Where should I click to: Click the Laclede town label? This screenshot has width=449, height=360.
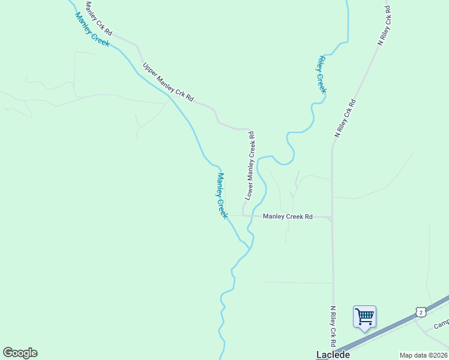[x=333, y=355]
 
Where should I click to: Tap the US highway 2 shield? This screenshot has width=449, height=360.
[x=421, y=311]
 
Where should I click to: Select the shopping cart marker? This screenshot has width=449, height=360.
[x=364, y=316]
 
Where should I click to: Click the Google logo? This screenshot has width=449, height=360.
[x=20, y=353]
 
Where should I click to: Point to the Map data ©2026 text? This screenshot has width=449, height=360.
[x=424, y=355]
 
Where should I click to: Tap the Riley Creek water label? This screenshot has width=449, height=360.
[x=321, y=75]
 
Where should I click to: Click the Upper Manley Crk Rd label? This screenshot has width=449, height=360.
[x=168, y=81]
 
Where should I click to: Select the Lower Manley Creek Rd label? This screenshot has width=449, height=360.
[x=251, y=166]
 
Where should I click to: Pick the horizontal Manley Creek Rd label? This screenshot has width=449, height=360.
[x=288, y=216]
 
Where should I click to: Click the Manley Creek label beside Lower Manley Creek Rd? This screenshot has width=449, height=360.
[x=222, y=196]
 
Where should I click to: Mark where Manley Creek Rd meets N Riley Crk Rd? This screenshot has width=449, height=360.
[x=332, y=218]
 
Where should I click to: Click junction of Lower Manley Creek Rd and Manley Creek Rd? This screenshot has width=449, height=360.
[x=243, y=215]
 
